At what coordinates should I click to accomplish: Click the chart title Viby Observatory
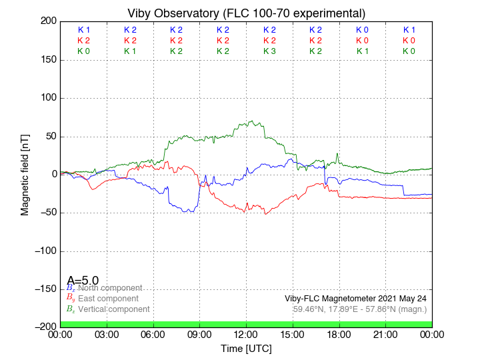coord(246,13)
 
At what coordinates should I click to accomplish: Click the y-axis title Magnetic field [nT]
coord(25,173)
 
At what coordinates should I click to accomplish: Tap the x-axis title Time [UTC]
coord(246,349)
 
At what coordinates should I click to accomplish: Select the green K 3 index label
coord(269,51)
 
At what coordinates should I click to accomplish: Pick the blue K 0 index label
coord(362,30)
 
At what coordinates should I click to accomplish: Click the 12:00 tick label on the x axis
coord(246,335)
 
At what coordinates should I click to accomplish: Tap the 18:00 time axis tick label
coord(339,335)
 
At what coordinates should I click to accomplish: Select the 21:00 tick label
coord(385,335)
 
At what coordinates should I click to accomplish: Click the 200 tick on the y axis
coord(48,21)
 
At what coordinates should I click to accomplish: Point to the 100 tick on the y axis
coord(48,98)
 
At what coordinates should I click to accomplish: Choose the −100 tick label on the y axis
coord(45,251)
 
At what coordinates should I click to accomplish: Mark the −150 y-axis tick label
coord(45,289)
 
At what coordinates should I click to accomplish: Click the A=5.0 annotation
coord(83,281)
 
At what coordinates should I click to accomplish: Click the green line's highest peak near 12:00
coord(252,121)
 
